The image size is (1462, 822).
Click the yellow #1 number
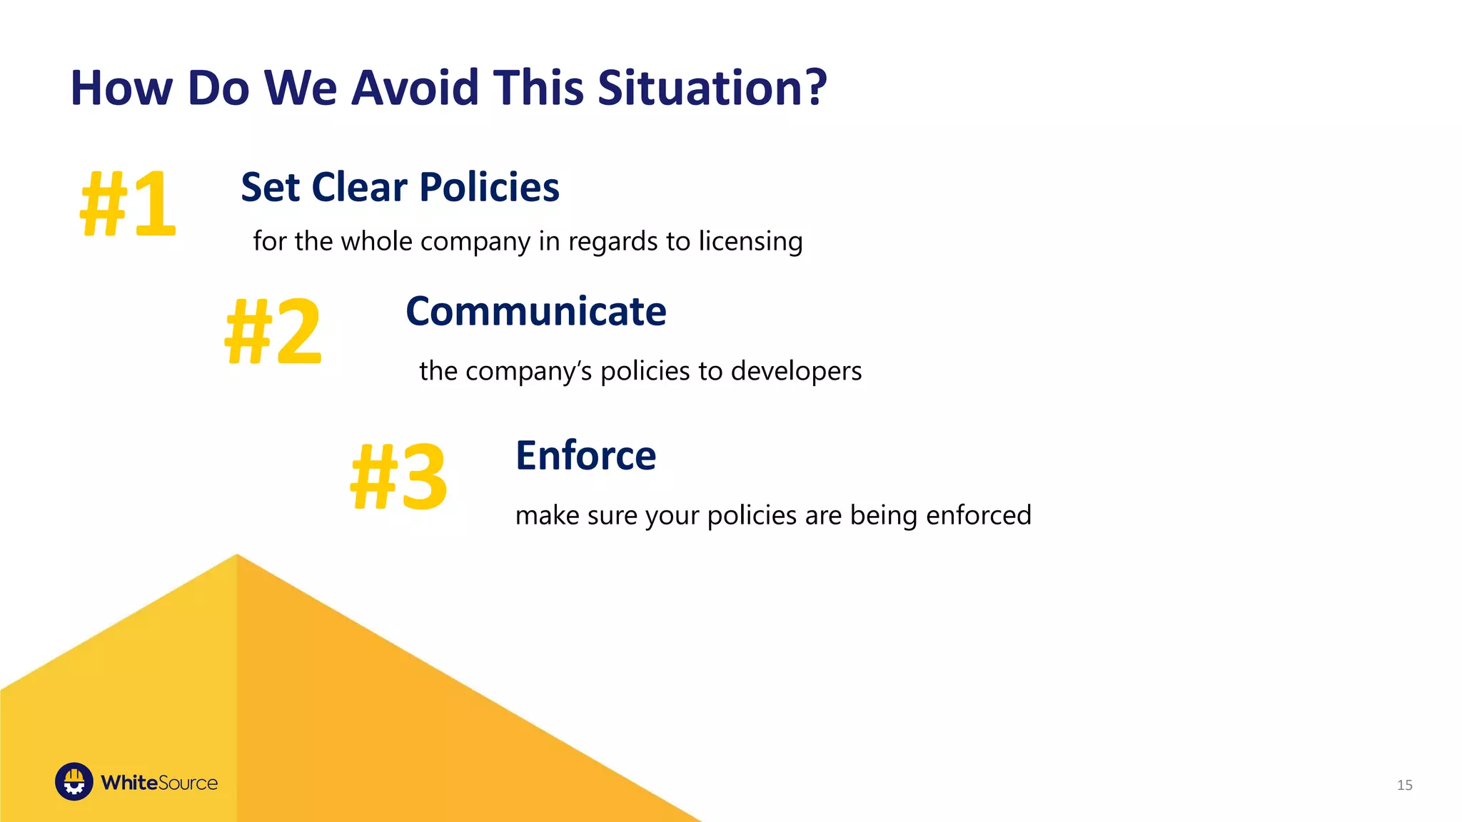pyautogui.click(x=128, y=205)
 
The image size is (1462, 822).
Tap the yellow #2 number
pyautogui.click(x=273, y=332)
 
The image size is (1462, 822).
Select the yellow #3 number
pyautogui.click(x=399, y=477)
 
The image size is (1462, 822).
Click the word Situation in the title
pyautogui.click(x=700, y=88)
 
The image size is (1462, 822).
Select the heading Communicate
pyautogui.click(x=535, y=312)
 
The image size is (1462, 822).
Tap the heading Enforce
pyautogui.click(x=585, y=456)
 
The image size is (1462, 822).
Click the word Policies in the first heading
pyautogui.click(x=489, y=188)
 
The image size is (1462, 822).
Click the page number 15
pyautogui.click(x=1404, y=785)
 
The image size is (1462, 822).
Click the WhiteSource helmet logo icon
pyautogui.click(x=74, y=782)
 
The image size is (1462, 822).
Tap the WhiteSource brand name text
pyautogui.click(x=159, y=783)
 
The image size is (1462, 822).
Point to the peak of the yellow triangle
pyautogui.click(x=237, y=557)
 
